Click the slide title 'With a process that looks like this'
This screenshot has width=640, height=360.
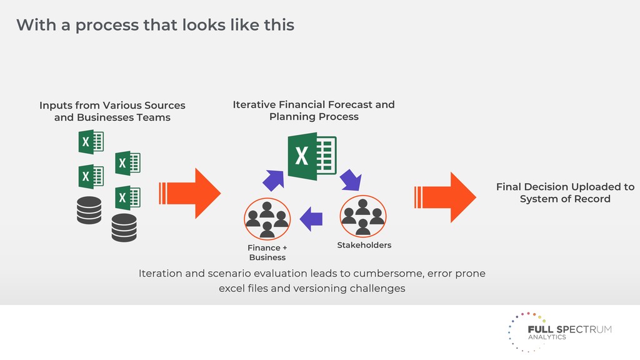coord(155,26)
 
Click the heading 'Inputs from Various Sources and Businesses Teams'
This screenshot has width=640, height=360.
coord(112,111)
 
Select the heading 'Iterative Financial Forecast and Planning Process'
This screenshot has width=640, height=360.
coord(314,111)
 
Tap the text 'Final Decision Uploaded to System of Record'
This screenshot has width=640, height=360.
coord(565,192)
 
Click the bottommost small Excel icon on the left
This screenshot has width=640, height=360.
coord(127,198)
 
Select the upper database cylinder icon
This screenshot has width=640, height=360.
coord(89,210)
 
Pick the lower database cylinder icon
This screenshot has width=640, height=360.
coord(124,227)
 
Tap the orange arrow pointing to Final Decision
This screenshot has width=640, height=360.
coord(445,197)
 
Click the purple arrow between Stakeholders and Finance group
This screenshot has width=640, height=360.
coord(311,219)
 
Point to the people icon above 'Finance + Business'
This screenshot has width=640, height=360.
coord(267,219)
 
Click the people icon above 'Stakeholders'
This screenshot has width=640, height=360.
coord(363,216)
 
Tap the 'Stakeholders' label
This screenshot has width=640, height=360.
coord(364,245)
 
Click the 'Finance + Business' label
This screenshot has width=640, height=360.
coord(267,252)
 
